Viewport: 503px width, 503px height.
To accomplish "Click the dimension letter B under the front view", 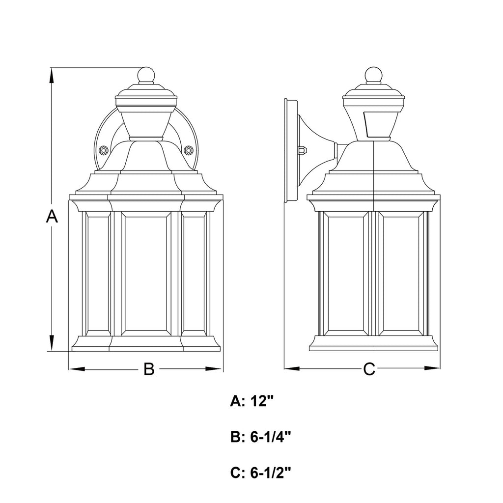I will (149, 369).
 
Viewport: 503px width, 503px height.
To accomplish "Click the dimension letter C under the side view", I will (369, 369).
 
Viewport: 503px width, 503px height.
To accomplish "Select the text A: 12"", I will (251, 401).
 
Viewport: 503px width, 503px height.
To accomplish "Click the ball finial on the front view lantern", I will (145, 75).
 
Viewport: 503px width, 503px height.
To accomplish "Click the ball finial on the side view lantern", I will (373, 75).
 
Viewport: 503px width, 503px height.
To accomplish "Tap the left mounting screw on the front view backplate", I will (103, 150).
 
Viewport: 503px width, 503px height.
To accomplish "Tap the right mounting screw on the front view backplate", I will (188, 150).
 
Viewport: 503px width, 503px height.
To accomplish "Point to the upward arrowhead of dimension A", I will (51, 74).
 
